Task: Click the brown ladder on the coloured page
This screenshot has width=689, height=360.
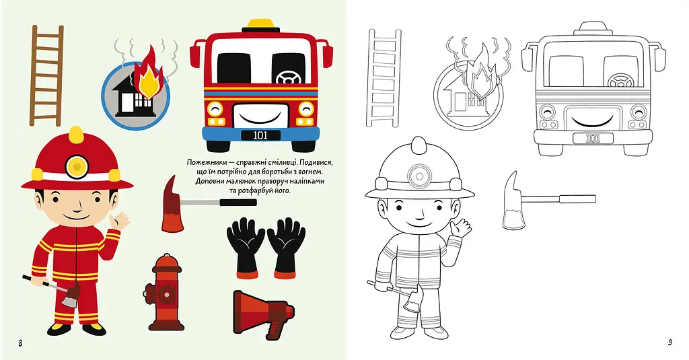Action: (x=46, y=75)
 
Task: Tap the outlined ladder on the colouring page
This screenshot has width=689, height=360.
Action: (x=384, y=78)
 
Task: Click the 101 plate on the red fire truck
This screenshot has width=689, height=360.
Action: (x=260, y=135)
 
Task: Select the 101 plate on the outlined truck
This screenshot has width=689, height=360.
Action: (x=593, y=139)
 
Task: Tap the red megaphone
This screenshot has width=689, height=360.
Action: (x=263, y=314)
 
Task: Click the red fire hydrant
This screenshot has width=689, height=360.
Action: (x=164, y=292)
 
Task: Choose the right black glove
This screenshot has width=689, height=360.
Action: (x=287, y=248)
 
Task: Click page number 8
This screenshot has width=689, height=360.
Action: (x=20, y=343)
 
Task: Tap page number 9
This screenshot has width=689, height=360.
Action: (x=669, y=343)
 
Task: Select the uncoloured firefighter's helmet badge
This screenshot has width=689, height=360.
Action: (x=419, y=176)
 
